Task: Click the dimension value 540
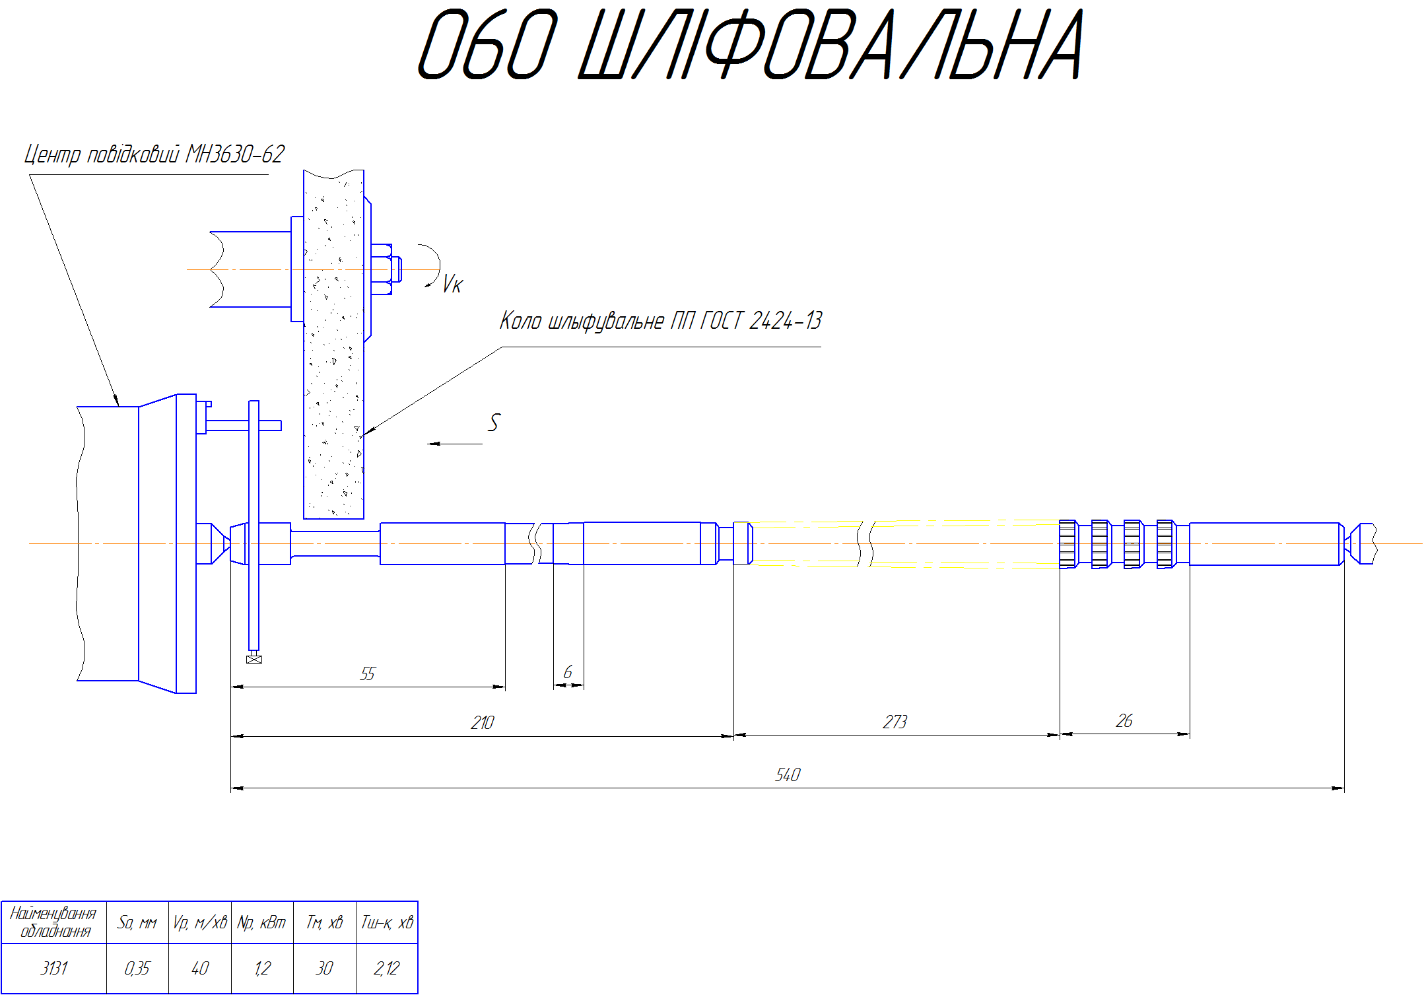pos(788,774)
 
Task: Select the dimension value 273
pos(895,722)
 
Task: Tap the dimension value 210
pos(483,722)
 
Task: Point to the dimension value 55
pos(368,673)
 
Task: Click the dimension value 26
pos(1124,720)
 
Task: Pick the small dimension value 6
pos(568,672)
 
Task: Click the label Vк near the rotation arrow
pos(453,284)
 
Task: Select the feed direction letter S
pos(494,423)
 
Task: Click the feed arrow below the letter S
pos(455,444)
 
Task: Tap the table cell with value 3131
pos(54,968)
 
